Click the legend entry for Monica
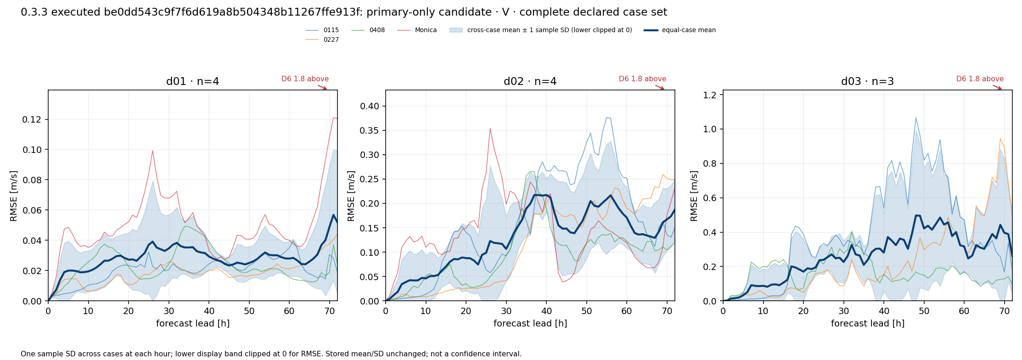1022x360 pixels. pyautogui.click(x=417, y=30)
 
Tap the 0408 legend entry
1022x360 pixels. pyautogui.click(x=368, y=30)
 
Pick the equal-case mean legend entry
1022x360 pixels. pyautogui.click(x=679, y=30)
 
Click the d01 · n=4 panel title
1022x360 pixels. pyautogui.click(x=192, y=82)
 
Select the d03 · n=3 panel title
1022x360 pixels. pyautogui.click(x=867, y=82)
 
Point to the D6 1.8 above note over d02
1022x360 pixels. pyautogui.click(x=642, y=79)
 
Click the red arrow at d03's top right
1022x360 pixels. pyautogui.click(x=997, y=87)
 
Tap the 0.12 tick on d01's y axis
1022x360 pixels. pyautogui.click(x=31, y=120)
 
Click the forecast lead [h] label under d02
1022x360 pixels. pyautogui.click(x=530, y=324)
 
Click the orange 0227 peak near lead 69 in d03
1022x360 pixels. pyautogui.click(x=1000, y=139)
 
